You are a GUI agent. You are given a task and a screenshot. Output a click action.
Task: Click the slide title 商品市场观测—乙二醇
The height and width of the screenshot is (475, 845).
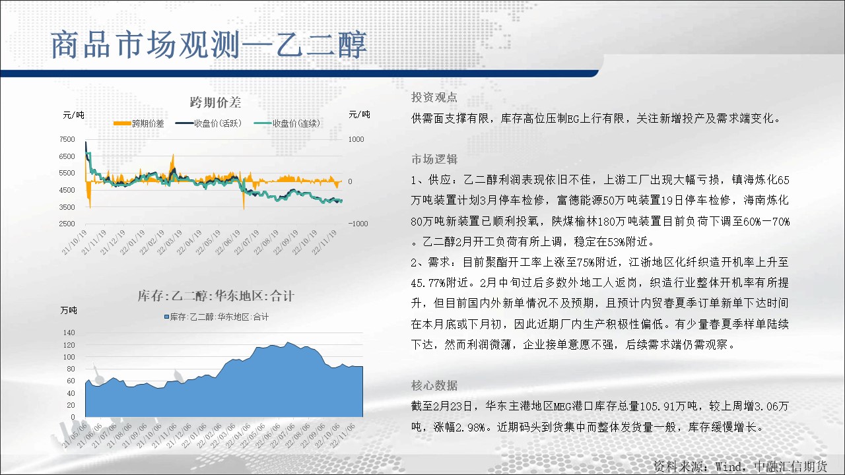(x=209, y=45)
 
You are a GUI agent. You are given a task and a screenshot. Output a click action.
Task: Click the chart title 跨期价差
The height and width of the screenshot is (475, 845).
(x=215, y=102)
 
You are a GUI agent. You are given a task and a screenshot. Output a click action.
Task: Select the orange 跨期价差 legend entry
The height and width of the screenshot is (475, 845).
(x=139, y=123)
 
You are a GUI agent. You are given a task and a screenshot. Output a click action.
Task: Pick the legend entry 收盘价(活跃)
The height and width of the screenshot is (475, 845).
(x=208, y=123)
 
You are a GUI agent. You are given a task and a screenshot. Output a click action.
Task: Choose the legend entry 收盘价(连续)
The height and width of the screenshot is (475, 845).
(x=287, y=123)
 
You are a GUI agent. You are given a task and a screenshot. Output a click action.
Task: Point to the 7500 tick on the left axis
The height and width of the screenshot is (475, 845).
(x=67, y=139)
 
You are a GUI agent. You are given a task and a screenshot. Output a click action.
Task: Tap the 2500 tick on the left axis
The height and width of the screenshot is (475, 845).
(x=67, y=224)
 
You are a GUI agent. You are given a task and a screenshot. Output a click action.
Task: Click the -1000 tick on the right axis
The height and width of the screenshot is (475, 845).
(x=358, y=224)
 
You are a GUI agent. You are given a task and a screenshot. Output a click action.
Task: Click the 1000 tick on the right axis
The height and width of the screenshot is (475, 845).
(x=356, y=139)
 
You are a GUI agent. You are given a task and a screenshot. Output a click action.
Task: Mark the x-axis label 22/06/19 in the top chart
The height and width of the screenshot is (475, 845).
(x=228, y=242)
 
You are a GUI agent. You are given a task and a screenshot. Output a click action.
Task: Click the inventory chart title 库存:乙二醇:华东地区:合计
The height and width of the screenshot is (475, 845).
(x=215, y=296)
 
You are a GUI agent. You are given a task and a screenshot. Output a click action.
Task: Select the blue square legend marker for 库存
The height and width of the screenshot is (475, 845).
(x=166, y=317)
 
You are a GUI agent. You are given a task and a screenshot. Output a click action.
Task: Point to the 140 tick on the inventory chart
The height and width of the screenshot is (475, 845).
(x=69, y=332)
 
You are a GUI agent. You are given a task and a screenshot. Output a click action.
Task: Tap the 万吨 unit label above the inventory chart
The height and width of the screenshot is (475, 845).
(x=69, y=310)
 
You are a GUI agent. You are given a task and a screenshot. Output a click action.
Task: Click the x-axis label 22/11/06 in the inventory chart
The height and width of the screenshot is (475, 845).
(x=343, y=435)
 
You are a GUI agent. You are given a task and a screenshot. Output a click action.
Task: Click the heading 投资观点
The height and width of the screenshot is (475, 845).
(x=434, y=97)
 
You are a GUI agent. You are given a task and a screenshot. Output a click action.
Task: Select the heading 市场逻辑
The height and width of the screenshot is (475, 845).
(x=434, y=160)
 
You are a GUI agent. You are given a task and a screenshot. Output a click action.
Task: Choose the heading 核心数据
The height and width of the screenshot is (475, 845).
(x=434, y=385)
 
